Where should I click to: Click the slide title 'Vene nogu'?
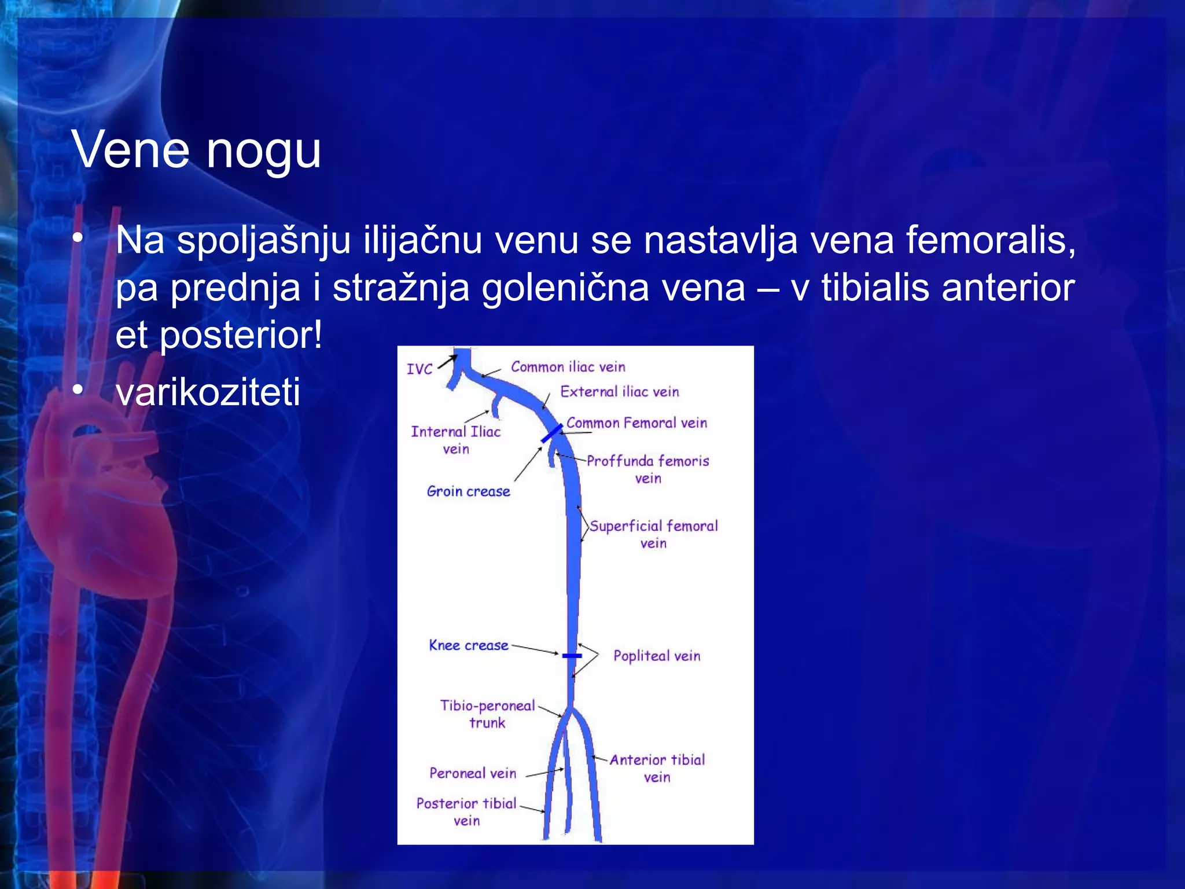pos(196,150)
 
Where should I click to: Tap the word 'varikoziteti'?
pos(208,392)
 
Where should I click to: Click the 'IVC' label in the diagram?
pos(419,369)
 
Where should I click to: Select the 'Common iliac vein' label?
pos(568,367)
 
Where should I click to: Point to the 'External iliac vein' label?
pos(619,392)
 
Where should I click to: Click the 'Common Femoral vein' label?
pos(636,423)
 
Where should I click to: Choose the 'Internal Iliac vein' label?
pos(455,440)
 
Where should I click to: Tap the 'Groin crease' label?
pos(468,491)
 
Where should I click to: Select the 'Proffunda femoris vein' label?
pos(647,469)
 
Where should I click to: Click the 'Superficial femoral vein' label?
pos(653,534)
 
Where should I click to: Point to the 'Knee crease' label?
pos(468,645)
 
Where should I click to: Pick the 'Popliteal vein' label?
pos(657,656)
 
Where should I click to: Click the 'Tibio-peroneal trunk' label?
pos(487,714)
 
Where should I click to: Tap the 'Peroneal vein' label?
pos(472,773)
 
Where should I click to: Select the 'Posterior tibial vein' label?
pos(466,811)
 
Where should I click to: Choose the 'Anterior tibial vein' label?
pos(657,768)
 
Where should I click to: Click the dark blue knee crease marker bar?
pos(572,656)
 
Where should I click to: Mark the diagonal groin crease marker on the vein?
pos(551,434)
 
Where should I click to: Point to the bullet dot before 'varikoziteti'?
pos(78,390)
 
